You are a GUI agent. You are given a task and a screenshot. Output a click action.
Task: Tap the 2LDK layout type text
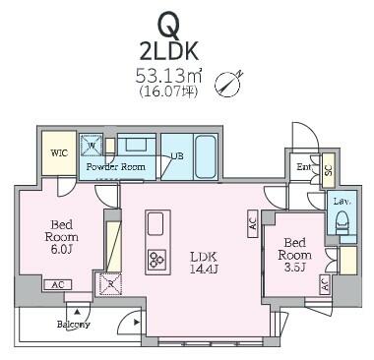pyautogui.click(x=169, y=51)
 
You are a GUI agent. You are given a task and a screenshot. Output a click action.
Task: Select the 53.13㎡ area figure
pyautogui.click(x=168, y=78)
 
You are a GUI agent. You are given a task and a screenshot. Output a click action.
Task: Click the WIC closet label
pyautogui.click(x=59, y=153)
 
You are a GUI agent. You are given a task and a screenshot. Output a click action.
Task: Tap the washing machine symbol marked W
pyautogui.click(x=92, y=145)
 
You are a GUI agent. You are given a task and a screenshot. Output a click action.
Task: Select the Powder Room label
pyautogui.click(x=115, y=167)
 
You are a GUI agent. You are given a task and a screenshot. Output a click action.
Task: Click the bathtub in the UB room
pyautogui.click(x=206, y=156)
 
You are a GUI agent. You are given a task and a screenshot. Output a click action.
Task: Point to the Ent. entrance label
pyautogui.click(x=304, y=167)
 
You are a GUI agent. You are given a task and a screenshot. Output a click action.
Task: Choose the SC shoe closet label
pyautogui.click(x=329, y=169)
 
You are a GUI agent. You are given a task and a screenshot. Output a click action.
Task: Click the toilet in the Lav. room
pyautogui.click(x=342, y=225)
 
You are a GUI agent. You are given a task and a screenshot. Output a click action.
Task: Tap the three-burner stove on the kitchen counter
pyautogui.click(x=156, y=260)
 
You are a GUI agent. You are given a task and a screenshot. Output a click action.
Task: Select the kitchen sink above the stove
pyautogui.click(x=156, y=224)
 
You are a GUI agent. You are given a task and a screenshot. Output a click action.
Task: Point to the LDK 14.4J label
pyautogui.click(x=205, y=263)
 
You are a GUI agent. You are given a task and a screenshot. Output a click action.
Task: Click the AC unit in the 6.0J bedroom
pyautogui.click(x=58, y=285)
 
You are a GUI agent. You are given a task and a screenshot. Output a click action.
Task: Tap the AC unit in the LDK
pyautogui.click(x=252, y=223)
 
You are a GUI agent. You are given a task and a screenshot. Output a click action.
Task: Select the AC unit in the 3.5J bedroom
pyautogui.click(x=324, y=283)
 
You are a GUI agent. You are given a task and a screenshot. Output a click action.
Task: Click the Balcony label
pyautogui.click(x=74, y=325)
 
